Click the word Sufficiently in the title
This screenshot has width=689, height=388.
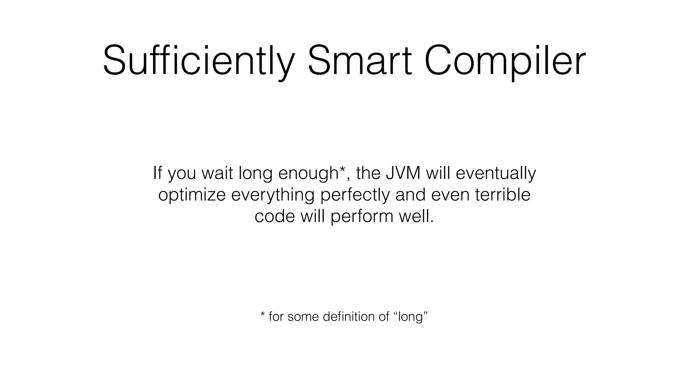point(198,62)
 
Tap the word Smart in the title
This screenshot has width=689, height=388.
point(359,62)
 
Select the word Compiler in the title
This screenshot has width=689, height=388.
point(505,62)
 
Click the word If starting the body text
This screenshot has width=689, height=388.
point(157,173)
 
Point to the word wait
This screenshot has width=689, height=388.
point(217,173)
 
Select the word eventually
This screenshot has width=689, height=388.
point(496,173)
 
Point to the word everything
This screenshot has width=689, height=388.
point(273,195)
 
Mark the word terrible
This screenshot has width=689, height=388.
point(503,194)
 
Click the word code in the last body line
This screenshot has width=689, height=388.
point(275,216)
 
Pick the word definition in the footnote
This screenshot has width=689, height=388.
point(348,317)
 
